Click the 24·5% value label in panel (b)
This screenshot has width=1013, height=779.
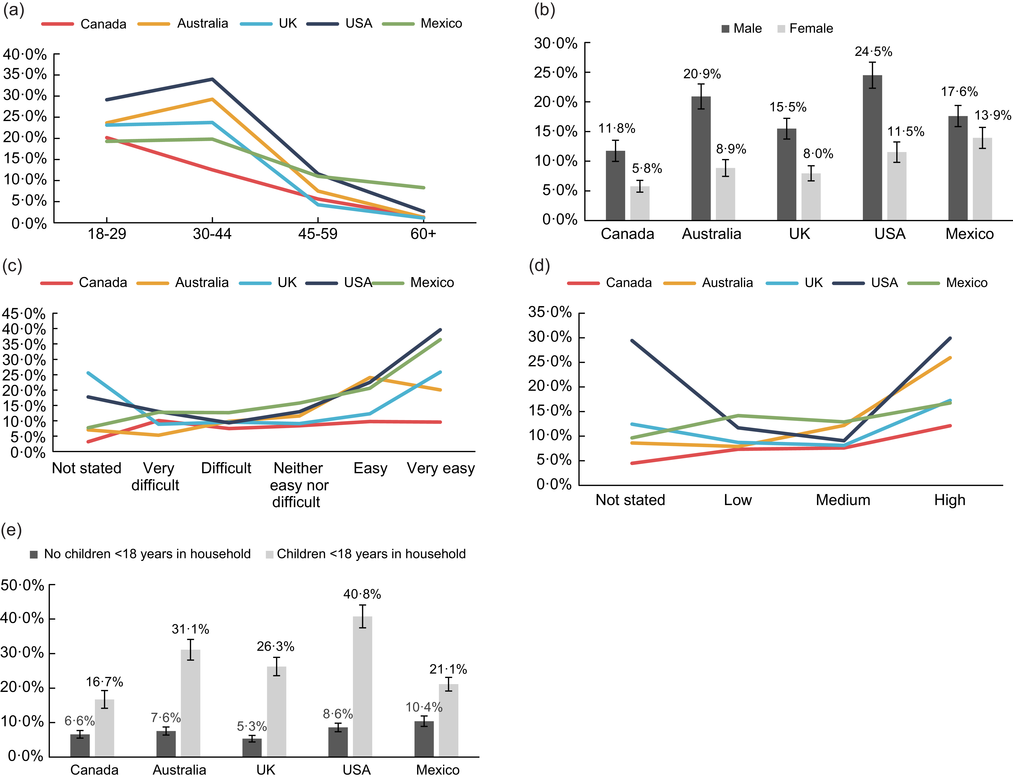873,51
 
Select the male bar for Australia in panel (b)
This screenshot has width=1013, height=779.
700,158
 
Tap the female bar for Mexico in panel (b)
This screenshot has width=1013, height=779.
982,179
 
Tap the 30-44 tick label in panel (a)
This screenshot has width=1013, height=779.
212,234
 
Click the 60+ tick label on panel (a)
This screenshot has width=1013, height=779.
423,234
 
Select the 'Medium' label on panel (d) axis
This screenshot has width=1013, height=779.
843,500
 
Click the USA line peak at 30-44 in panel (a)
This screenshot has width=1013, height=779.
212,79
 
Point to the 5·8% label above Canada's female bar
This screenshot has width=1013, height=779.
647,168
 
